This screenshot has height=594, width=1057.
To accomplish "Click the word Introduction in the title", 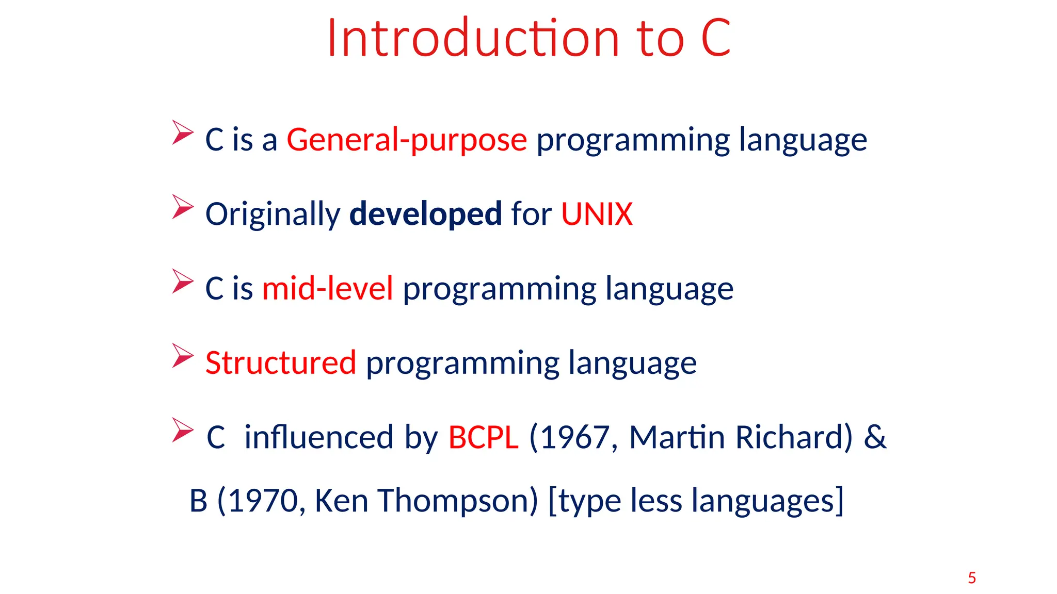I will (x=473, y=38).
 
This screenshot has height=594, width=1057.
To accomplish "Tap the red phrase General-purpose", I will (x=407, y=140).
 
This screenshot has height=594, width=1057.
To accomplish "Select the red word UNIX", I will (x=597, y=214).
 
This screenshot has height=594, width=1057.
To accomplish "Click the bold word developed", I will (x=425, y=214).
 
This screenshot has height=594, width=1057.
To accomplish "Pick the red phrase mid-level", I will (x=328, y=288).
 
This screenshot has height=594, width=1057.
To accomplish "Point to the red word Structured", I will (x=281, y=362).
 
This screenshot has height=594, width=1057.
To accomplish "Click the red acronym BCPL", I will (x=483, y=437).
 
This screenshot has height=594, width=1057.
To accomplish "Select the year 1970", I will (x=263, y=501).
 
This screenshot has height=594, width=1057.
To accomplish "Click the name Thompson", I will (x=457, y=501).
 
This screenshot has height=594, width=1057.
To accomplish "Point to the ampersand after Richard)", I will (x=875, y=437).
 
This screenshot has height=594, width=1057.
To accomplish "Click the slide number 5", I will (x=972, y=578).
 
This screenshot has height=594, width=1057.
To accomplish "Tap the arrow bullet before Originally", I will (x=182, y=207).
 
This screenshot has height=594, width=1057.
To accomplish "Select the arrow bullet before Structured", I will (x=182, y=356).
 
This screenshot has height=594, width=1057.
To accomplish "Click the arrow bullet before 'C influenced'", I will (x=182, y=430).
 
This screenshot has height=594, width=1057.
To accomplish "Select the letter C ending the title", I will (x=716, y=38).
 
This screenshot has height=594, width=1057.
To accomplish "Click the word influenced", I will (x=319, y=437).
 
